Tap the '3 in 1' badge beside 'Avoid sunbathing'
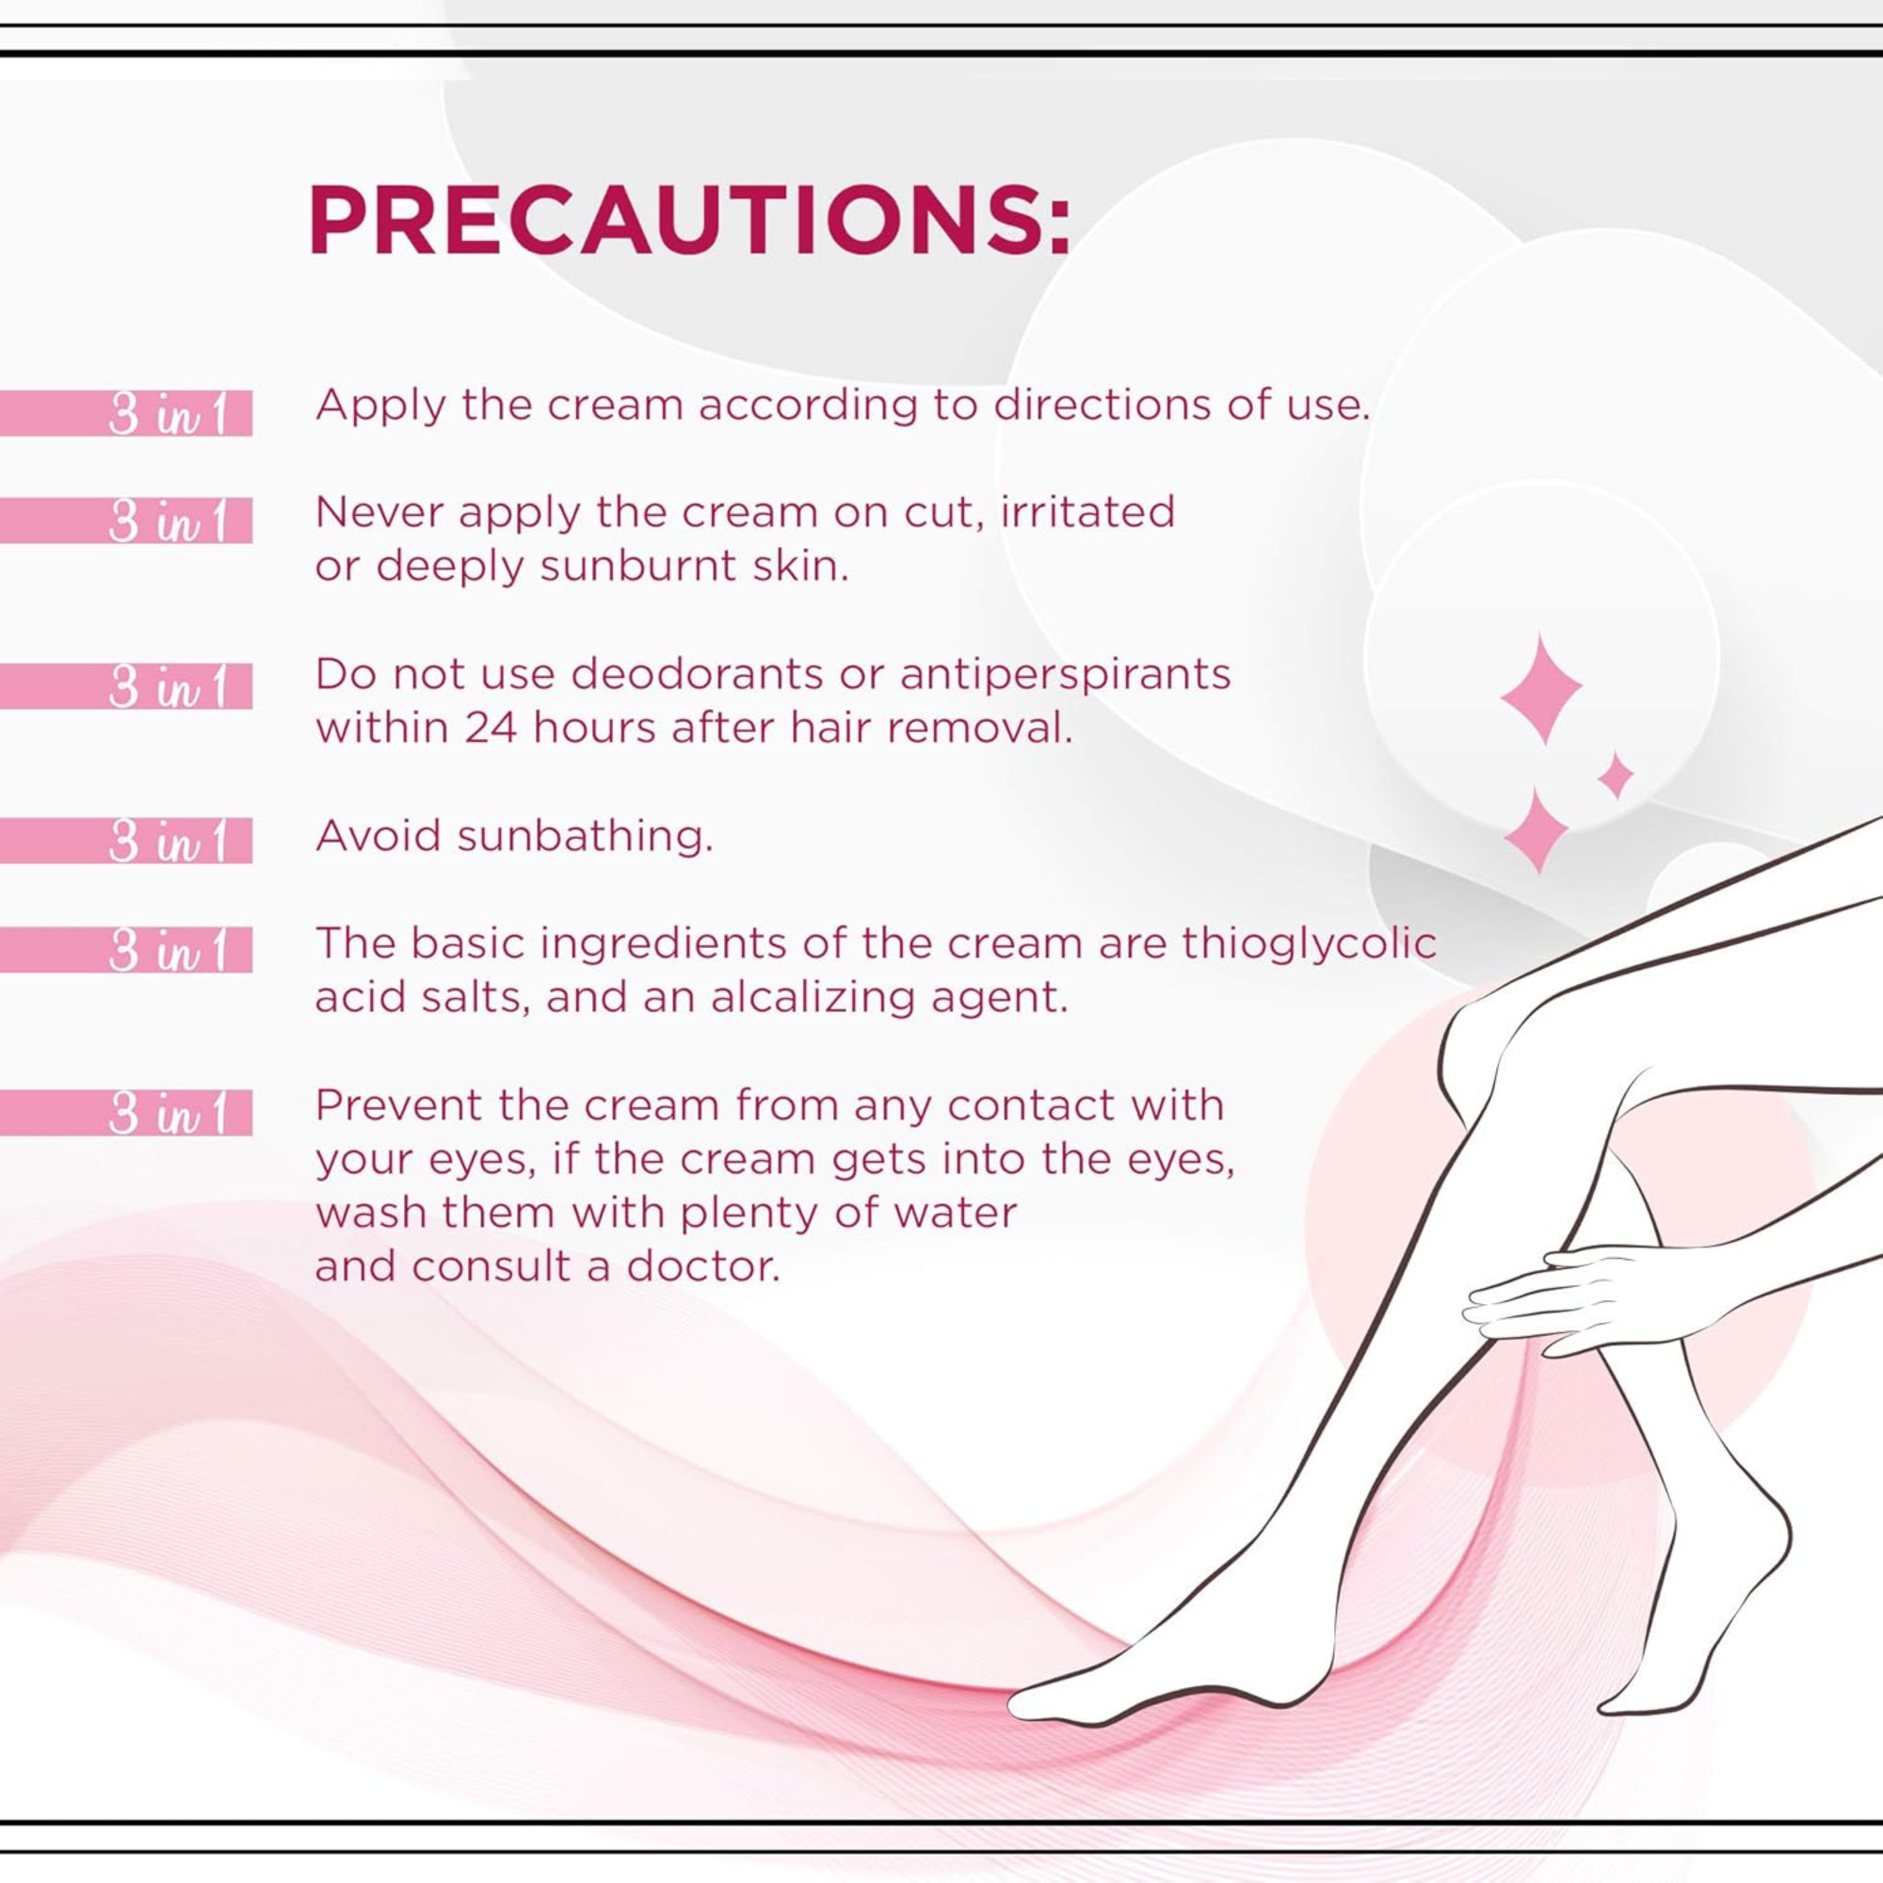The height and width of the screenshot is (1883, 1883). (126, 841)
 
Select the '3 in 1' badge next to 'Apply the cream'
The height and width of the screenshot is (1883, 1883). (126, 413)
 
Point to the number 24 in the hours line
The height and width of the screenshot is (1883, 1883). (491, 728)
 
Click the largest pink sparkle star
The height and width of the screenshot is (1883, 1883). (1540, 688)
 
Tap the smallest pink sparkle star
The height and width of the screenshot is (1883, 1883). (1616, 776)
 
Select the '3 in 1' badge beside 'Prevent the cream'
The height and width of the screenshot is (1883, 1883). (126, 1113)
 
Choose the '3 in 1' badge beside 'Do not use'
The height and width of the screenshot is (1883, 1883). (126, 686)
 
